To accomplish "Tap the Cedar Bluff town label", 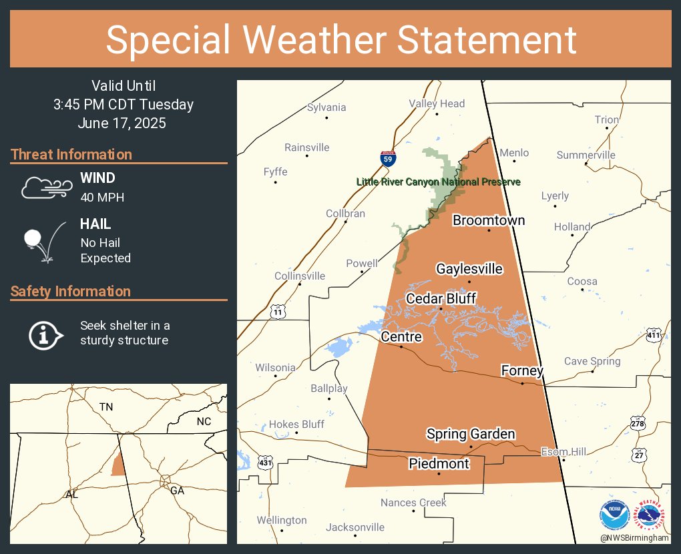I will [441, 298].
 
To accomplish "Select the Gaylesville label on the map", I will [469, 269].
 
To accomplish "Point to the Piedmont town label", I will [439, 463].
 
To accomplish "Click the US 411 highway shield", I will [654, 336].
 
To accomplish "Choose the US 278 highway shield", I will [638, 423].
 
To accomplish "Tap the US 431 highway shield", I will [266, 462].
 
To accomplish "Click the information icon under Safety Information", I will [45, 334].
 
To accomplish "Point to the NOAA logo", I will [615, 517].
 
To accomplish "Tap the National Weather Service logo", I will [653, 517].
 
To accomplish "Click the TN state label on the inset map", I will [106, 406].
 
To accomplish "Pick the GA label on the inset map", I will [177, 490].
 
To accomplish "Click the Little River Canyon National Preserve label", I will [438, 182].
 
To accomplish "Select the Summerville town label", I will [586, 155].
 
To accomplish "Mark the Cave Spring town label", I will [592, 361].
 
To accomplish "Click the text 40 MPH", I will [102, 197].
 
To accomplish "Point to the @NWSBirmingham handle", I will [634, 538].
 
